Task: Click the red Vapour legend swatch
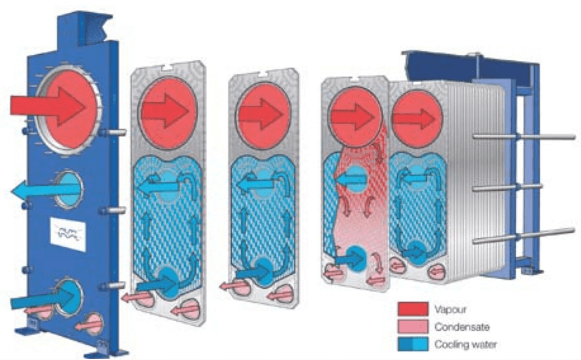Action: click(x=412, y=309)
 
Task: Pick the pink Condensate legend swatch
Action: click(x=412, y=327)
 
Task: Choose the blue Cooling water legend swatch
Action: click(x=412, y=345)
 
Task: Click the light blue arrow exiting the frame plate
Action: click(x=43, y=190)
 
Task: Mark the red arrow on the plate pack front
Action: click(x=413, y=118)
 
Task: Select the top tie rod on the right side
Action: click(x=524, y=136)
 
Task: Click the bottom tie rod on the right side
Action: click(x=524, y=235)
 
